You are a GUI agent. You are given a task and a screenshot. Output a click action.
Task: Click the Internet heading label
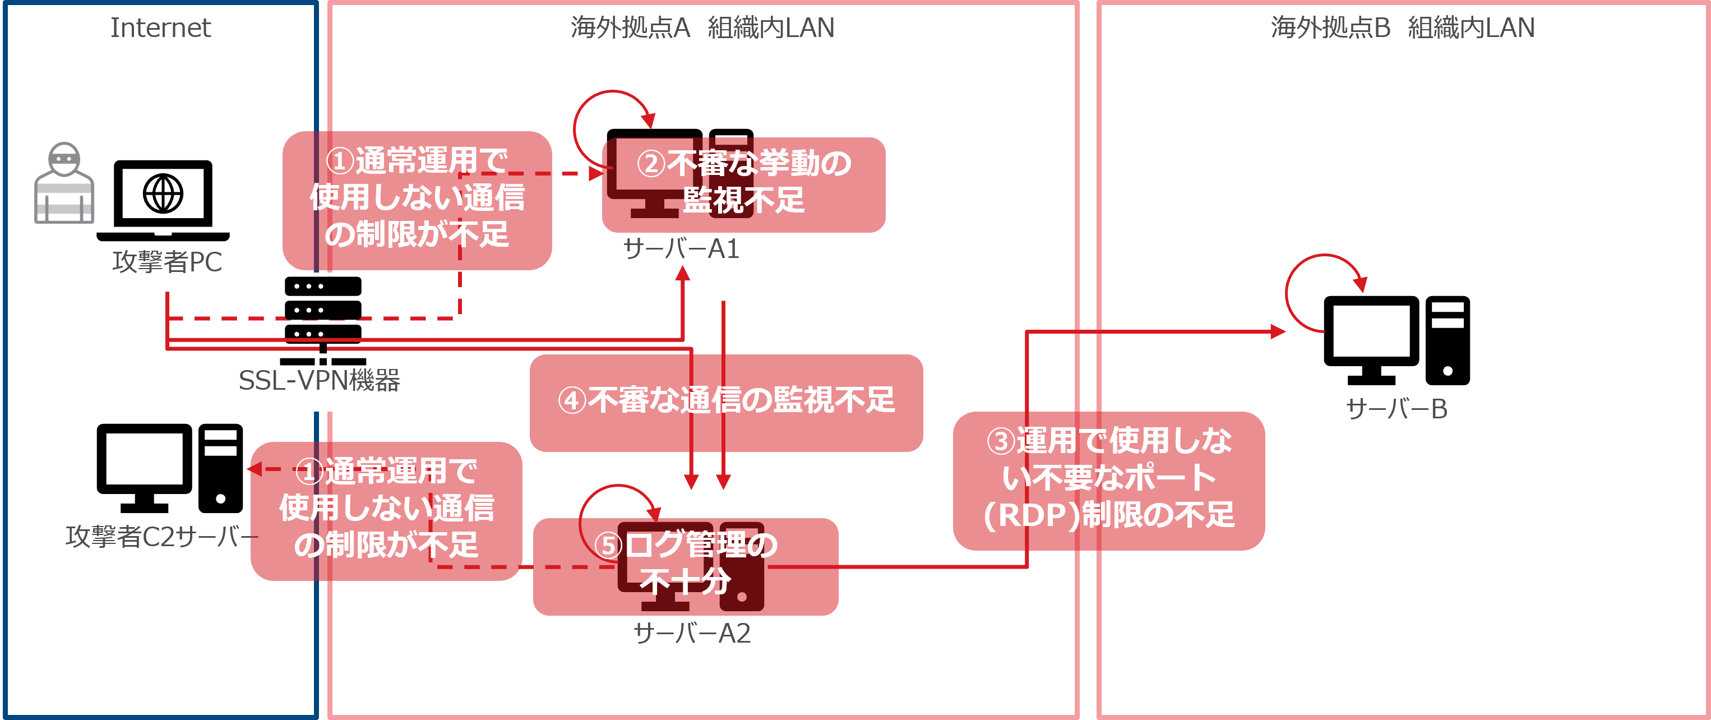click(160, 28)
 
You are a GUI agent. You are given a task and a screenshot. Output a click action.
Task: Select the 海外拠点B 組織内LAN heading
click(1402, 28)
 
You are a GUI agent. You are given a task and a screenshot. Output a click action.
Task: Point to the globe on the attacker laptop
click(163, 194)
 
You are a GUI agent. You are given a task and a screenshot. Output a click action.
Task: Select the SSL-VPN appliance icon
click(323, 312)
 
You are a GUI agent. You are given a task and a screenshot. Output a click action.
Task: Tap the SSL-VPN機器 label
click(319, 381)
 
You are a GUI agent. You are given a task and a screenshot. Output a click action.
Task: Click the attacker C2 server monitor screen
click(144, 458)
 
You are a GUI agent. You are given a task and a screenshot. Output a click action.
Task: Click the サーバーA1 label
click(681, 249)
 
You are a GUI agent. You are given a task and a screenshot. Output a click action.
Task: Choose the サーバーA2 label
click(692, 634)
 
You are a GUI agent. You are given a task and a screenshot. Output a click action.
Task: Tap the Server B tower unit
click(1448, 340)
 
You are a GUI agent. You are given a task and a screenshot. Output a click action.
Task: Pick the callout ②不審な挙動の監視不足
click(743, 183)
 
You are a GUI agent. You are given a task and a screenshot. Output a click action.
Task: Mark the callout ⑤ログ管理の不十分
click(686, 565)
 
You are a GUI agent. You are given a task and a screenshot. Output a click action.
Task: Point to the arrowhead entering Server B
click(1277, 331)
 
